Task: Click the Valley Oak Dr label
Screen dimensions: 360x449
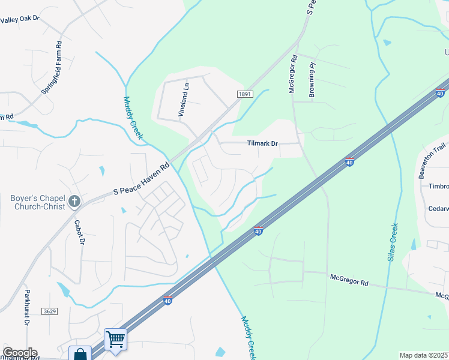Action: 20,19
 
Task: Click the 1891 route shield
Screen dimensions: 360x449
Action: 244,94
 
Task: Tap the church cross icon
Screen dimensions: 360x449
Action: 74,201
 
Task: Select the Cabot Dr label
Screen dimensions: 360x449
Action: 78,232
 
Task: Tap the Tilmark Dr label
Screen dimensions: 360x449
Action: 263,144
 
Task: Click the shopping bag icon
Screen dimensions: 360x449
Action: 80,354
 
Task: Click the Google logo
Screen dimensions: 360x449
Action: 19,353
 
